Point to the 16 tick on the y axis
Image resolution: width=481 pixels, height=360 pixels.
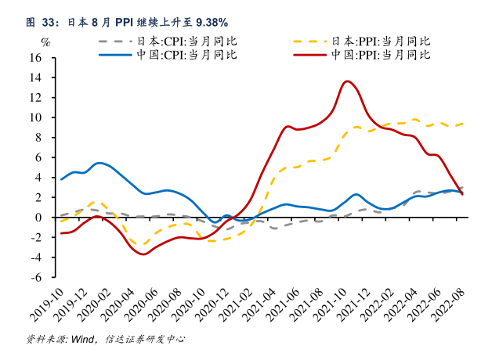[36, 58]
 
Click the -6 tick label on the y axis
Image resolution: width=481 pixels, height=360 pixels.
[36, 277]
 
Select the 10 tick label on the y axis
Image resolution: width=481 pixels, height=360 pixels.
[36, 117]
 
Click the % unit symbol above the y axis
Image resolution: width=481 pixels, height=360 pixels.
[45, 41]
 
